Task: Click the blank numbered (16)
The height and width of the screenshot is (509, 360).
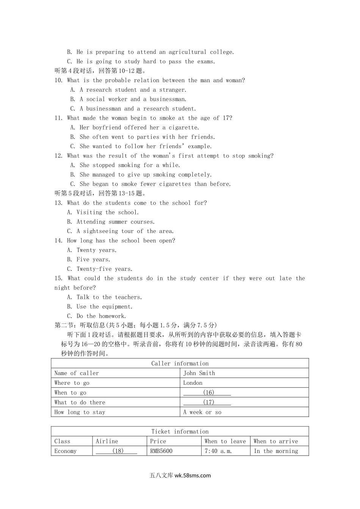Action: click(x=207, y=393)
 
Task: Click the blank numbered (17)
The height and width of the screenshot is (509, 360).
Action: click(x=207, y=402)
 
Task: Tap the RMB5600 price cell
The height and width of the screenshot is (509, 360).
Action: click(x=161, y=451)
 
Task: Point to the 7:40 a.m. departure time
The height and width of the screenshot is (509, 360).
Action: click(x=218, y=451)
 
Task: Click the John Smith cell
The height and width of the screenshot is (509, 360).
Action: click(x=199, y=373)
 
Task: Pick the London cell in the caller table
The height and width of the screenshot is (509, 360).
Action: click(x=193, y=383)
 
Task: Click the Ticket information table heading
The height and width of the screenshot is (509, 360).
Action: click(x=180, y=431)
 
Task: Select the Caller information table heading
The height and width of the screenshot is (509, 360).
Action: click(x=180, y=364)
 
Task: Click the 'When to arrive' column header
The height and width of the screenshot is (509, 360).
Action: click(x=275, y=441)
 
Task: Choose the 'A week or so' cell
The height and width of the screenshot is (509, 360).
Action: click(x=202, y=412)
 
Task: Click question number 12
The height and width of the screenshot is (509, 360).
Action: click(x=58, y=156)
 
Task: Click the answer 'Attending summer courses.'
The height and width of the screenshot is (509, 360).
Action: click(x=115, y=222)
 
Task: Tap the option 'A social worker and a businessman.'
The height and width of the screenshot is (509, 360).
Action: click(x=133, y=99)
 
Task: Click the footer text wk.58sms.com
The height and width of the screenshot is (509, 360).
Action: click(x=193, y=475)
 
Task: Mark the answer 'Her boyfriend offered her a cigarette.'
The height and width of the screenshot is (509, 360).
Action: click(x=139, y=128)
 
